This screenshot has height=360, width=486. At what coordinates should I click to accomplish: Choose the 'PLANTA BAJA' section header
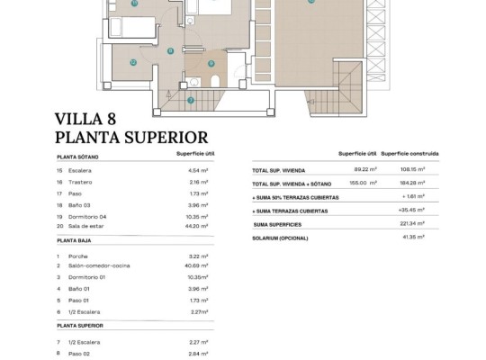coord(76,241)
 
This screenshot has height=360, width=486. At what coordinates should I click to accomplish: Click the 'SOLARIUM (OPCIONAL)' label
coord(281,237)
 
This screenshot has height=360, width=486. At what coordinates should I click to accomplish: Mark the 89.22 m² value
coord(364,169)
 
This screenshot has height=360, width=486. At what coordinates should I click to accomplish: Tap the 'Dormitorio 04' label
coord(88,217)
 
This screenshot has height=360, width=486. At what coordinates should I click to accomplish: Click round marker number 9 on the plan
coord(211,63)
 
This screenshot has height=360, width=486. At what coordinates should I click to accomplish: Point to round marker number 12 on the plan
coord(132,62)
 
